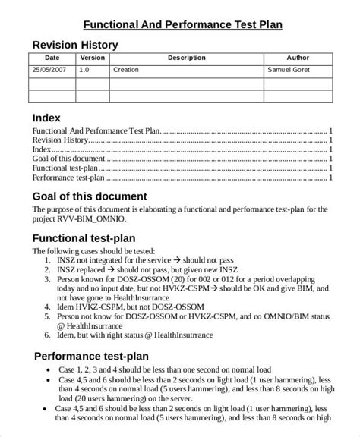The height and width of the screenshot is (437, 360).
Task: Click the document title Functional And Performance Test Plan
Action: pyautogui.click(x=182, y=24)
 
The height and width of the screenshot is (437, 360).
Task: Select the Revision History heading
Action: pyautogui.click(x=75, y=45)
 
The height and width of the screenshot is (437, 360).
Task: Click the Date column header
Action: pyautogui.click(x=52, y=58)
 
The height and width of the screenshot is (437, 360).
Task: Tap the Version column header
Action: pyautogui.click(x=93, y=58)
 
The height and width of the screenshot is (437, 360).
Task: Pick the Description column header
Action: pyautogui.click(x=186, y=58)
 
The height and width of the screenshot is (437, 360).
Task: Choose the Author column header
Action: pyautogui.click(x=298, y=58)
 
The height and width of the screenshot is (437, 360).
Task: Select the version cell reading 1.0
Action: pyautogui.click(x=84, y=70)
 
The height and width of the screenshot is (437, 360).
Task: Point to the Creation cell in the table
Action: pyautogui.click(x=125, y=70)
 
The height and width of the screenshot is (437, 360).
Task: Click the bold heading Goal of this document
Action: pyautogui.click(x=89, y=197)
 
